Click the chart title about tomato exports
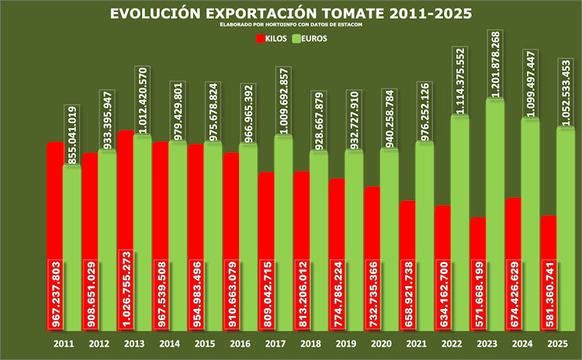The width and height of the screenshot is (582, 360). [290, 15]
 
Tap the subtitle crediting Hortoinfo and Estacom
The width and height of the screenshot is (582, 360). [290, 26]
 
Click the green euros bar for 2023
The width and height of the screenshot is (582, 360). [495, 217]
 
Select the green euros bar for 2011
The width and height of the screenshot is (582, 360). [72, 248]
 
